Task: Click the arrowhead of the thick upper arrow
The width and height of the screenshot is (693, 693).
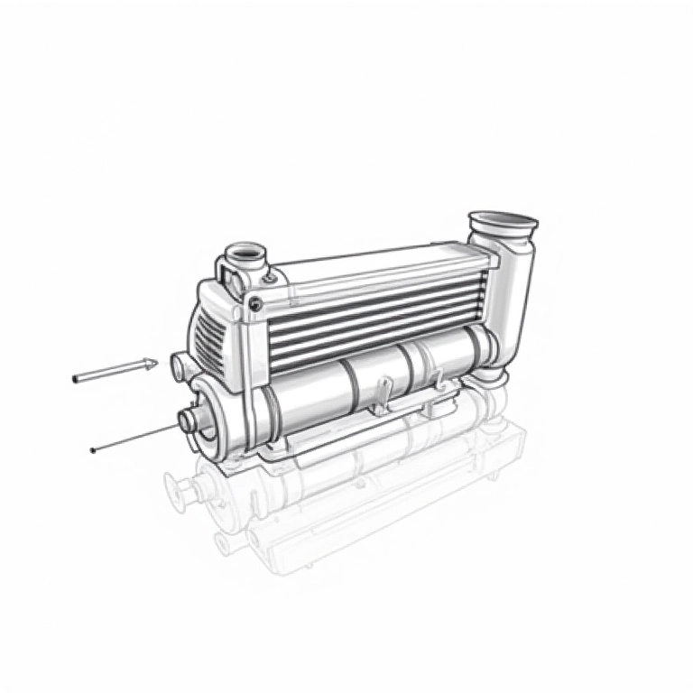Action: [150, 365]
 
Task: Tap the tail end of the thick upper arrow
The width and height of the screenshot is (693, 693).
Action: [75, 379]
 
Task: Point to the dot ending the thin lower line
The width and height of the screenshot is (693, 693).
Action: [93, 449]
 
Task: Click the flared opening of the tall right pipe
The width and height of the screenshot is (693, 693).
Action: [503, 220]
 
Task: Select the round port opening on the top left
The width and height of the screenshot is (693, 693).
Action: [245, 252]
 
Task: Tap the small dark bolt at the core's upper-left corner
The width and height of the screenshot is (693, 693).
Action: [256, 303]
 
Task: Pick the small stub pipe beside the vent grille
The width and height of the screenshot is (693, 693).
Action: [179, 365]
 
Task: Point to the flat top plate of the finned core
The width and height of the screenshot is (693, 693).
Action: [379, 262]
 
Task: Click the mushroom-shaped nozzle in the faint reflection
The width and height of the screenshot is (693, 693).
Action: [180, 487]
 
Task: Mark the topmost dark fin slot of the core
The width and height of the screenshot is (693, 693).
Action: [379, 286]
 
